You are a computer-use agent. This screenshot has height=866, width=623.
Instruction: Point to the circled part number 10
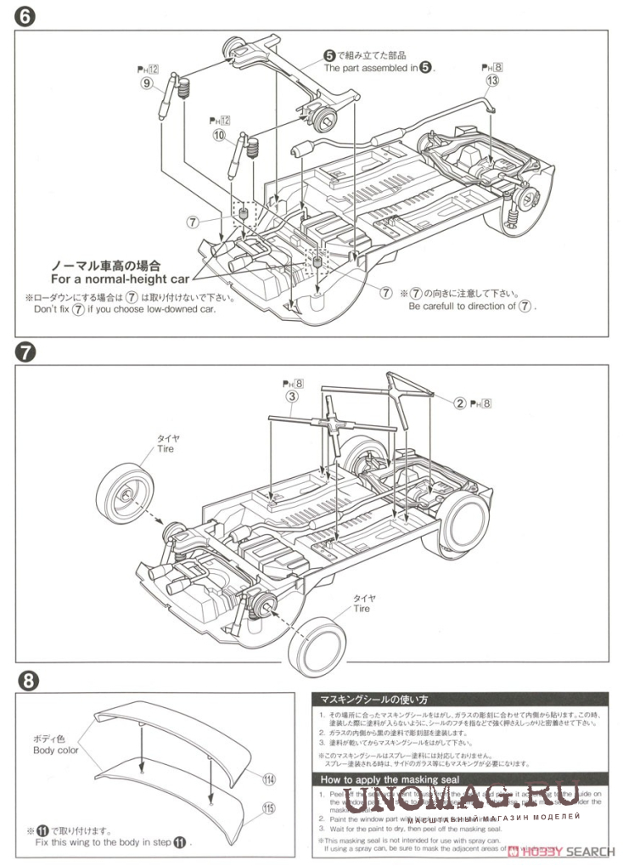point(219,136)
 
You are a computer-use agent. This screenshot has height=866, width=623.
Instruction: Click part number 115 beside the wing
point(270,808)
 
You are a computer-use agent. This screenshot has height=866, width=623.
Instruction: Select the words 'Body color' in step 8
point(56,751)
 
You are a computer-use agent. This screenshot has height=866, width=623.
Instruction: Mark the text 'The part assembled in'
point(370,67)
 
